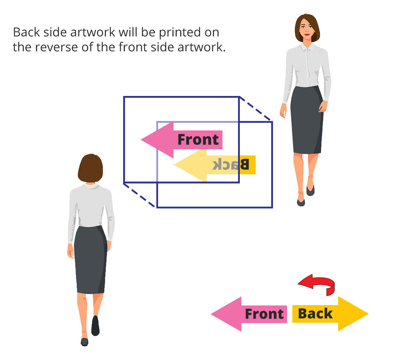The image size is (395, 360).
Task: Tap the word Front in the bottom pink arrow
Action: (264, 314)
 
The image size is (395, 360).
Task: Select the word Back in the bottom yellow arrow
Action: (315, 314)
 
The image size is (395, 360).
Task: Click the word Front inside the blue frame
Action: (198, 140)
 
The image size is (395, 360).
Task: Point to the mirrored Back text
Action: (231, 164)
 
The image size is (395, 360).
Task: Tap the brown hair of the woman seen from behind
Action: (90, 168)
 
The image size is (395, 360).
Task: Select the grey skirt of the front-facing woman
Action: (306, 120)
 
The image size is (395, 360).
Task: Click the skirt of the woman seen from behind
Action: (90, 259)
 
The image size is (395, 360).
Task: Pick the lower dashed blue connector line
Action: (140, 195)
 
